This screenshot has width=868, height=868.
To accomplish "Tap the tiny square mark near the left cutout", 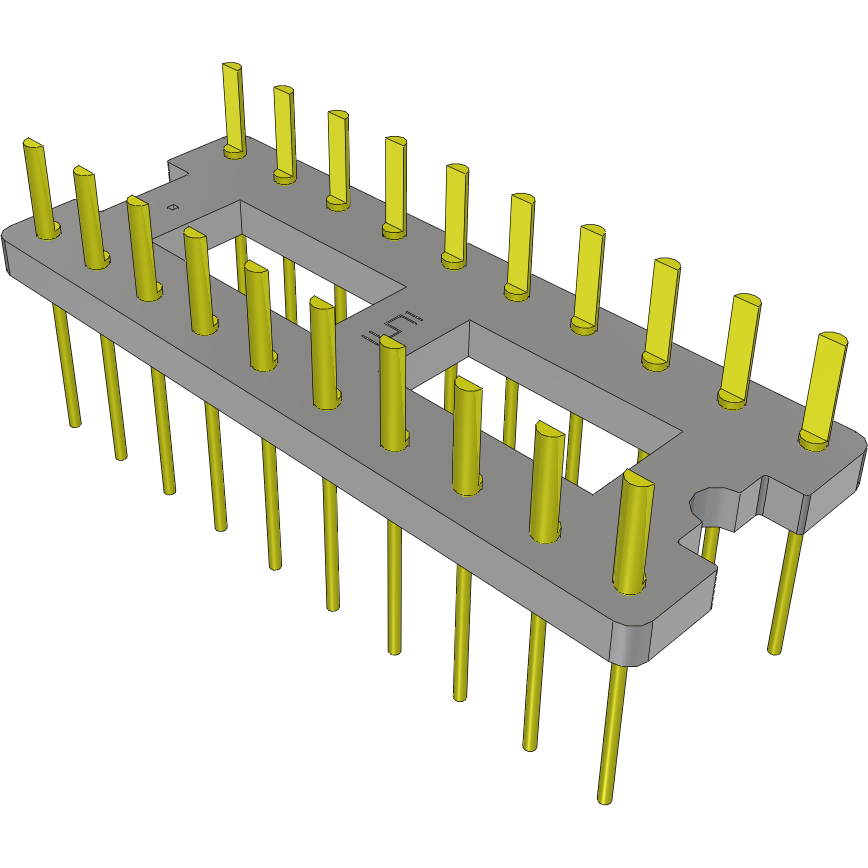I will [172, 207].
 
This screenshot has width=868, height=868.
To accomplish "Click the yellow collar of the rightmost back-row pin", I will [816, 440].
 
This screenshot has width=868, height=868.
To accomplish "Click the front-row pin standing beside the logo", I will [393, 390].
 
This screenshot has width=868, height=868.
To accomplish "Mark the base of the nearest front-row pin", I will [627, 585].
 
